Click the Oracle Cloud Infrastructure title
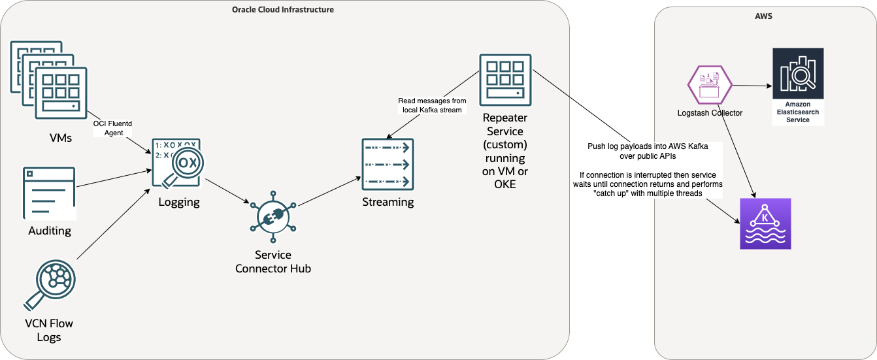(283, 10)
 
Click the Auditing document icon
(50, 193)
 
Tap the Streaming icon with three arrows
(388, 164)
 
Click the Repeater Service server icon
(503, 80)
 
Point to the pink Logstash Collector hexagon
(710, 86)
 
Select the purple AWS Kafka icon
(765, 223)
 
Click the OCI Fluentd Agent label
(108, 128)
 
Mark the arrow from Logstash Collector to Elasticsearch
(752, 86)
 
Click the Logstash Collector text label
(710, 113)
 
